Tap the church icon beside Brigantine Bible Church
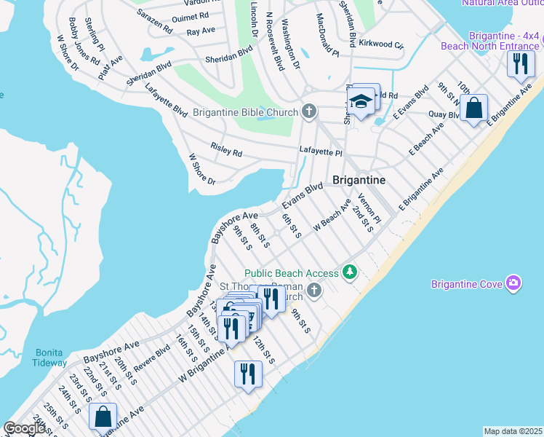309,111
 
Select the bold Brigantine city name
359,179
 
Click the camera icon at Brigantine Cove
514,283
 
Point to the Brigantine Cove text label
466,284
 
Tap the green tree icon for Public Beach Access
351,272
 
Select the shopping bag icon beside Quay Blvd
473,108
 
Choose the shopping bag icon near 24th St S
103,417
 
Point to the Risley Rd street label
226,149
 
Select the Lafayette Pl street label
321,151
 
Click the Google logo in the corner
24,429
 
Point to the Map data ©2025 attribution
513,431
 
